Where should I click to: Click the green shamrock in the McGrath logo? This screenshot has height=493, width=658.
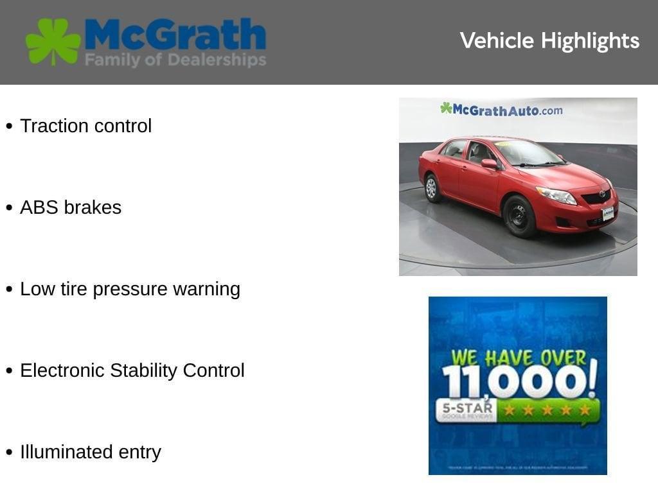coord(53,42)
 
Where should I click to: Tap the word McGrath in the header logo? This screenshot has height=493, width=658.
coord(175,35)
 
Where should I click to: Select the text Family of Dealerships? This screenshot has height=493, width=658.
coord(175,61)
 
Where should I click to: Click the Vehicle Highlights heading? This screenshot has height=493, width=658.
coord(549,41)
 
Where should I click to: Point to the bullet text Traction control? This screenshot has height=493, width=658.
coord(85,126)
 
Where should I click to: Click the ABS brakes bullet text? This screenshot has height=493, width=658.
coord(71,207)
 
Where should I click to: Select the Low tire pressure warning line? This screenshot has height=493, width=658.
coord(130,289)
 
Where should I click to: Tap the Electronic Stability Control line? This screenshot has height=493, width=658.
coord(132,370)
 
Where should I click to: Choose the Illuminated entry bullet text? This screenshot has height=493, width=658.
coord(90,452)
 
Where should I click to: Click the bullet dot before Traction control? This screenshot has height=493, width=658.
coord(9,126)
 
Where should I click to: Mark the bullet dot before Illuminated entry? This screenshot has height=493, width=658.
coord(9,453)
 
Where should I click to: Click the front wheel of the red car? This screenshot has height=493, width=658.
coord(519,216)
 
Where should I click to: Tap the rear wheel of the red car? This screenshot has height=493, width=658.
coord(432,187)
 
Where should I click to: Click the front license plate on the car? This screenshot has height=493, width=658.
coord(607,214)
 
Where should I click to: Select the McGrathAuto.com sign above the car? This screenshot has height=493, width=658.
coord(502,110)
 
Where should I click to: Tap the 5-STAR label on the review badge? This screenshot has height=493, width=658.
coord(467,408)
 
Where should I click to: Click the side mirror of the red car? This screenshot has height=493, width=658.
coord(490,164)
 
